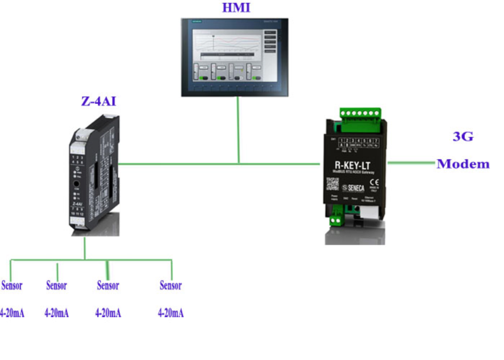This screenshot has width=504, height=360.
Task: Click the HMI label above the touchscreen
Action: (x=236, y=8)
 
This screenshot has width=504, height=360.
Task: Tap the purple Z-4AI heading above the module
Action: (x=98, y=101)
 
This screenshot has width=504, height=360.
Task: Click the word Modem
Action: (x=463, y=164)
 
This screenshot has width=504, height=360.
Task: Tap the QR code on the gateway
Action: (x=332, y=184)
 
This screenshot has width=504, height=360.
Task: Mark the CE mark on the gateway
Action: (x=374, y=180)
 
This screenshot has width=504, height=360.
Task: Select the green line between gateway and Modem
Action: (x=411, y=163)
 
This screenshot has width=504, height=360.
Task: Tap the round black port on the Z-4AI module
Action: (x=76, y=187)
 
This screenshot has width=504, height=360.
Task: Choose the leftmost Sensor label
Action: (x=12, y=285)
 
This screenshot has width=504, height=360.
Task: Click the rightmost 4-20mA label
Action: (x=171, y=313)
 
